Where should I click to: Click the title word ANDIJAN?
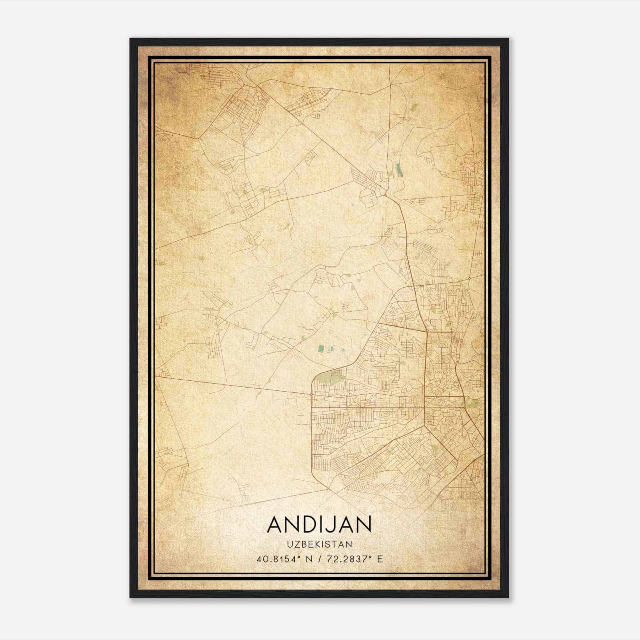(x=319, y=524)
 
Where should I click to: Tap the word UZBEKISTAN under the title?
(x=319, y=544)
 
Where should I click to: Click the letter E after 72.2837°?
(x=380, y=559)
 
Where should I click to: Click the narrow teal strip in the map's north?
(x=398, y=170)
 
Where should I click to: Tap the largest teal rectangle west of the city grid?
(x=321, y=349)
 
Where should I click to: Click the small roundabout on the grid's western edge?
(x=311, y=394)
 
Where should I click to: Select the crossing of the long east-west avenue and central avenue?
(x=425, y=408)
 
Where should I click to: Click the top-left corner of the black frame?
(x=131, y=39)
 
